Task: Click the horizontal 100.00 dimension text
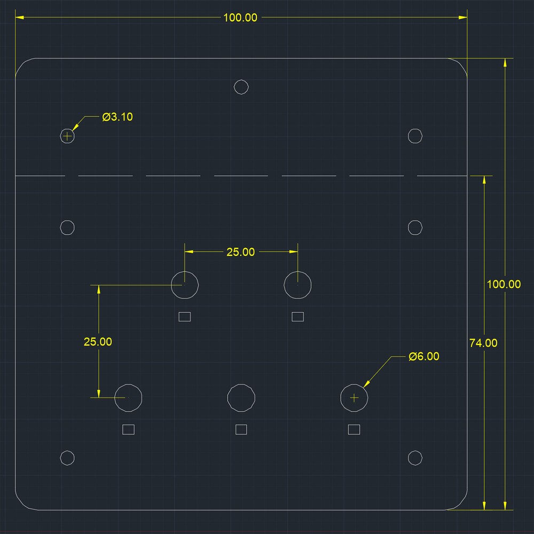[240, 18]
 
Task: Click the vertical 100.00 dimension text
[504, 284]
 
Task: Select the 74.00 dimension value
[483, 343]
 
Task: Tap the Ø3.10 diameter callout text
[117, 117]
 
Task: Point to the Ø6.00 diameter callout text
[424, 356]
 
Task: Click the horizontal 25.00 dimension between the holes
[240, 252]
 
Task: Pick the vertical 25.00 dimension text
[98, 342]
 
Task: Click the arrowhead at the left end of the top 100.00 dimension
[19, 18]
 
